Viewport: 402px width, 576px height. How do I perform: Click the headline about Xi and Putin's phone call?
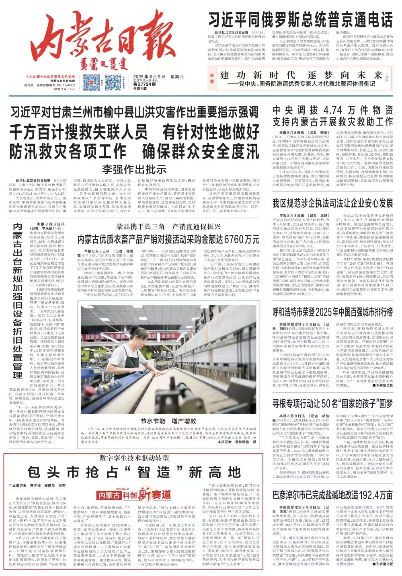click(300, 19)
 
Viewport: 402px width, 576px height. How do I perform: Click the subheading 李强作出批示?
click(134, 168)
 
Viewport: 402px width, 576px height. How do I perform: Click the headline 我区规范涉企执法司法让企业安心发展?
click(332, 203)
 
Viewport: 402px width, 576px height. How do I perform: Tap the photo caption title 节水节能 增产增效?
click(168, 421)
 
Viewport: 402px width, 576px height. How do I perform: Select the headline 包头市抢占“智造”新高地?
click(134, 472)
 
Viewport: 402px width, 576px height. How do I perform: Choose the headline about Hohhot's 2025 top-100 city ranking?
click(332, 312)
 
